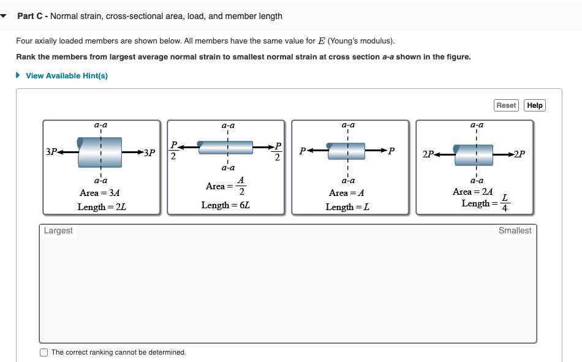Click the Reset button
506,105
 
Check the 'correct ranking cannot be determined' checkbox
43,352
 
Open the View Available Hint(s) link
67,75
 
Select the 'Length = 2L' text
102,207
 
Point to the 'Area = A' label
347,193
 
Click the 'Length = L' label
347,207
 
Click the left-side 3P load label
51,151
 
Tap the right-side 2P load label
519,153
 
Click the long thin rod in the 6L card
225,148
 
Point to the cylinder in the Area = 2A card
473,151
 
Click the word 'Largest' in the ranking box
58,231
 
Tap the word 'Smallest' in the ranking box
515,231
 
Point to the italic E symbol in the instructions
320,41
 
